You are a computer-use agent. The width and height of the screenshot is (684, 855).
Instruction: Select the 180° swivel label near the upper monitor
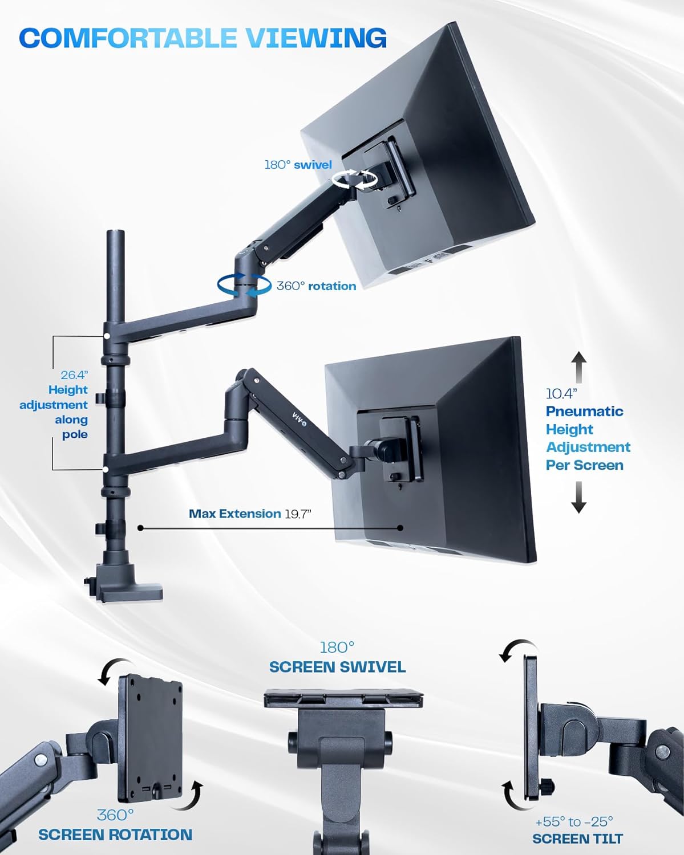click(298, 165)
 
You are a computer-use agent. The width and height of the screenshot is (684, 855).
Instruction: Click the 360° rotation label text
click(316, 286)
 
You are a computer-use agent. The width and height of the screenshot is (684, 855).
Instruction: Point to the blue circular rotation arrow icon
click(244, 285)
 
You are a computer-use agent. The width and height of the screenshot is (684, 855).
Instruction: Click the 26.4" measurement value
click(74, 375)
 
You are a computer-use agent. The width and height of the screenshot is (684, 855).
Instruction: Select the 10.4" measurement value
click(561, 393)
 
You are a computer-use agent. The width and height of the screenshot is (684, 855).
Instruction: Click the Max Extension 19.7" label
click(250, 514)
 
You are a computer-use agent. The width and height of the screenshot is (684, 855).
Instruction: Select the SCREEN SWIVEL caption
click(337, 667)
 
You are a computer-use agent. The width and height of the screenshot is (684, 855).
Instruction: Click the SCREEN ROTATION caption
click(115, 834)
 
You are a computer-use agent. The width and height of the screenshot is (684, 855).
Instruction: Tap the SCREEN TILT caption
click(577, 838)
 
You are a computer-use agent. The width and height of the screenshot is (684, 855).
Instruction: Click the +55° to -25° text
click(574, 821)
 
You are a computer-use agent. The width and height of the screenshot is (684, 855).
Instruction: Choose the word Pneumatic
click(584, 411)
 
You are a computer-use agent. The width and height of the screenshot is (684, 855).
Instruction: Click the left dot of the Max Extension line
click(141, 528)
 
